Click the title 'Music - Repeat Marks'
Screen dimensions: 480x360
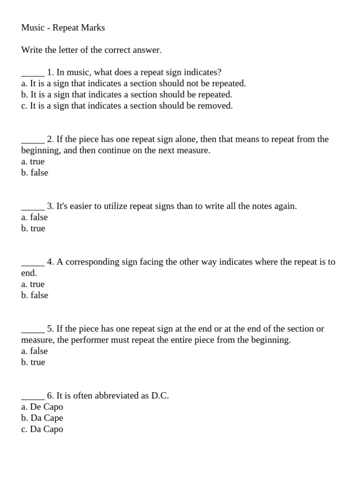click(x=63, y=28)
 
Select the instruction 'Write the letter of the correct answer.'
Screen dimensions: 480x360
click(x=91, y=50)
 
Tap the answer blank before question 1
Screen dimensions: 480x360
click(x=33, y=73)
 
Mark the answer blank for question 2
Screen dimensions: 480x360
click(x=33, y=140)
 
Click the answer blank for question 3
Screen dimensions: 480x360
click(x=33, y=207)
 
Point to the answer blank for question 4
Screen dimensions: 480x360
click(x=33, y=263)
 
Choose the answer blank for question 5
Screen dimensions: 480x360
click(x=33, y=330)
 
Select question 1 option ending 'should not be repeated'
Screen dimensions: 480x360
click(x=134, y=83)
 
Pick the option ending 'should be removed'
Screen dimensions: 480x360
click(x=127, y=106)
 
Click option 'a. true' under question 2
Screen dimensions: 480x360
click(x=33, y=162)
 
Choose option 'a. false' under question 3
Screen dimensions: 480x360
click(x=34, y=217)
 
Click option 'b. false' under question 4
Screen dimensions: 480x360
click(x=34, y=295)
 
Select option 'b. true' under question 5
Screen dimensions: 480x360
click(x=33, y=362)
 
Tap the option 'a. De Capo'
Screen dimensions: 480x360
click(x=42, y=407)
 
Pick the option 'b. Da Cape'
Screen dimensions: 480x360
click(x=42, y=418)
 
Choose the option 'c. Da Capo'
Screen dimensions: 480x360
click(x=42, y=429)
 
